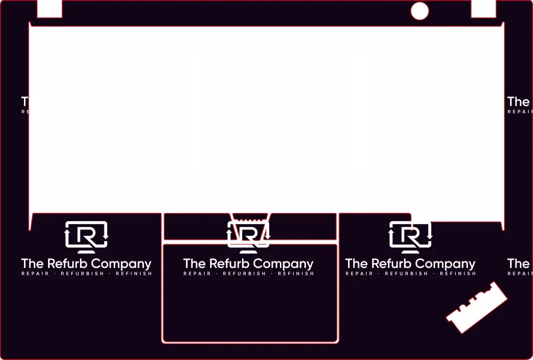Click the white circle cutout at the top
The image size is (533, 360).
(x=419, y=11)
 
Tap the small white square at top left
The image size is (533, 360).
(x=50, y=8)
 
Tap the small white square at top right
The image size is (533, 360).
(x=483, y=8)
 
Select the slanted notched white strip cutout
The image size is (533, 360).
(x=477, y=307)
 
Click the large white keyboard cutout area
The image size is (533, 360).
(x=266, y=117)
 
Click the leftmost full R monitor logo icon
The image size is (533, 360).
(x=86, y=236)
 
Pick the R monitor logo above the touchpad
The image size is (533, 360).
(x=248, y=236)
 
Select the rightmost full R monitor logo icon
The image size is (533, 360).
(x=410, y=236)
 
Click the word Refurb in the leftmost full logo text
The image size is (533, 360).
(x=68, y=264)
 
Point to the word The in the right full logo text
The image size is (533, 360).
(x=356, y=264)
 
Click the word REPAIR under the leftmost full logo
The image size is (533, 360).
(x=35, y=274)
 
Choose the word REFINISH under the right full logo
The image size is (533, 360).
(x=457, y=274)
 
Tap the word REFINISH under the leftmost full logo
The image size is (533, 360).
(x=133, y=274)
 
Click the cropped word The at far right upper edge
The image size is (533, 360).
(x=519, y=101)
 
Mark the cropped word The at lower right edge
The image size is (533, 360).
(x=519, y=264)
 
